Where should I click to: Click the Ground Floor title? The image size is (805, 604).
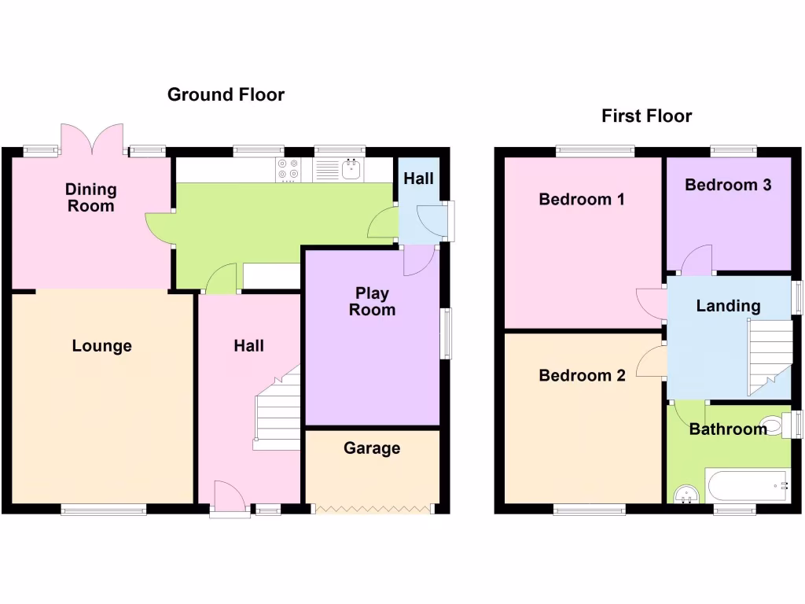pos(226,95)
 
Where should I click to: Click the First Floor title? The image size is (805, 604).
pos(646,116)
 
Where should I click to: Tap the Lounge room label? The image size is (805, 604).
pos(101,346)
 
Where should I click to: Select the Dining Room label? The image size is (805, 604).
pos(90,197)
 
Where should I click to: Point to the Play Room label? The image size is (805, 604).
pos(372,301)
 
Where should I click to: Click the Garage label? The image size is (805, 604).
pos(372,448)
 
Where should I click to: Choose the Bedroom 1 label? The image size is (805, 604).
pos(582,200)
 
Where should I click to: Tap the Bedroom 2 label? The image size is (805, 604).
pos(582,376)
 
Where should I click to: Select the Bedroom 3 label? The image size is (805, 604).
pos(728,185)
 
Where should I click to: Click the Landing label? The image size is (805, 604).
pos(728,306)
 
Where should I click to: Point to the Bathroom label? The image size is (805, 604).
pos(728,429)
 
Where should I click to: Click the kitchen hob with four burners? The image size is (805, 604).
pos(289,169)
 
